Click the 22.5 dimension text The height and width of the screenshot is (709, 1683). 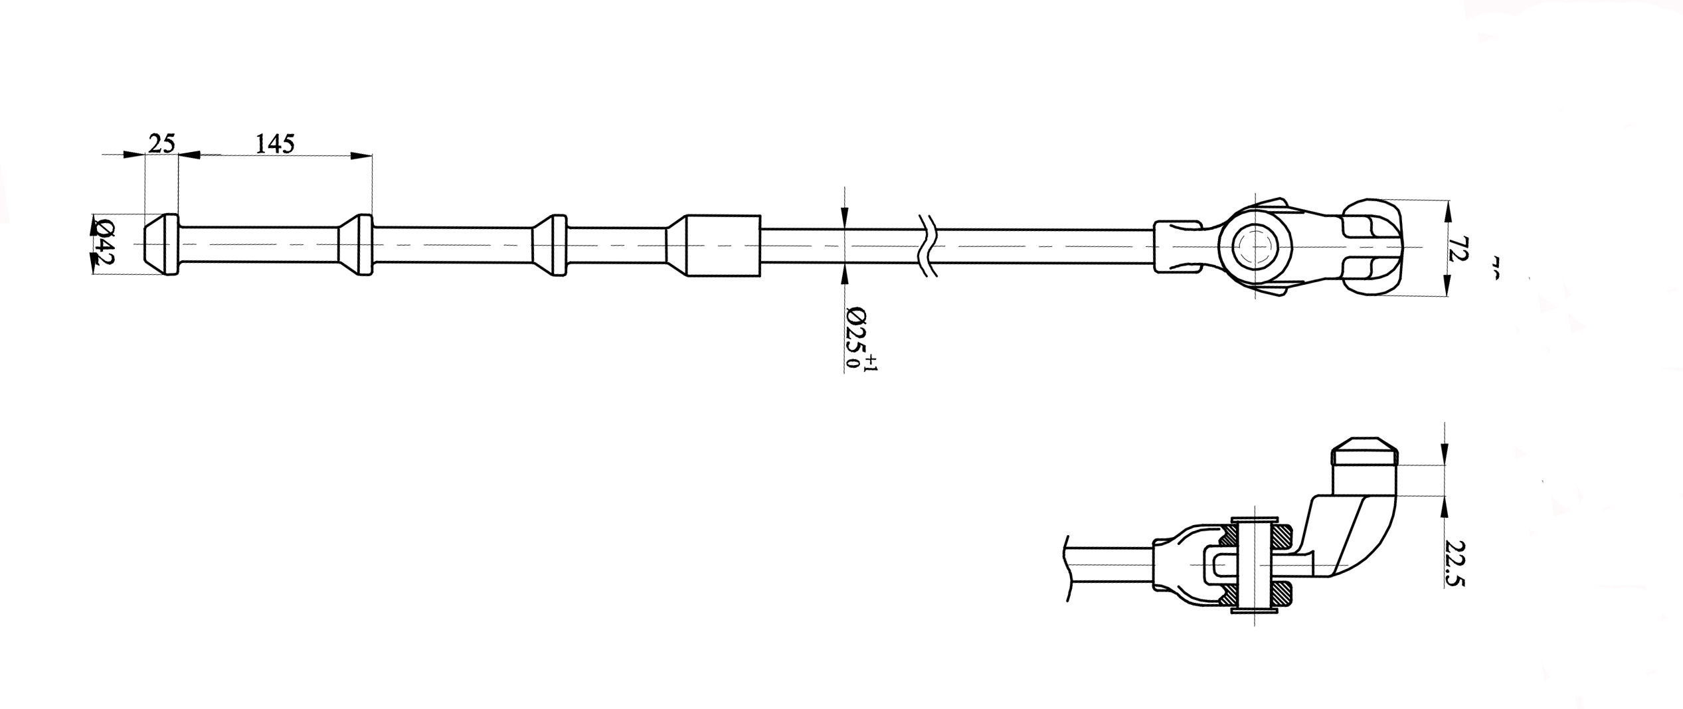click(1455, 562)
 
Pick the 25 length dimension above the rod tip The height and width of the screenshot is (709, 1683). click(161, 143)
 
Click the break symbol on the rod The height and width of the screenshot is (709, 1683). click(928, 246)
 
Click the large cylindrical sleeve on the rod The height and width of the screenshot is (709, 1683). click(723, 246)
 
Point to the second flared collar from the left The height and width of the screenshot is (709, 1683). click(356, 245)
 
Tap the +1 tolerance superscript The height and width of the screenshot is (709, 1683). click(871, 363)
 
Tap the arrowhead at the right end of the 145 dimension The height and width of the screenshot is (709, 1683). click(361, 155)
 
